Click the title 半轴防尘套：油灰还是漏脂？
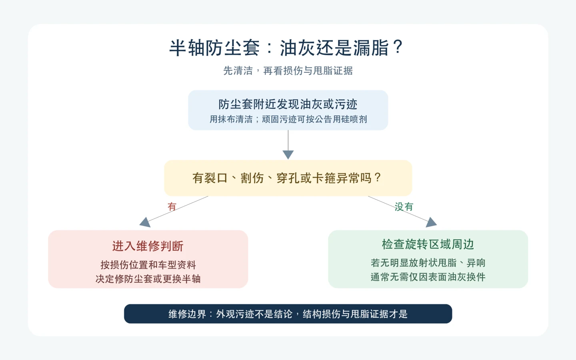286,48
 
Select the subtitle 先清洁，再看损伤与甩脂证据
288,70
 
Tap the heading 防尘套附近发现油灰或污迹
288,104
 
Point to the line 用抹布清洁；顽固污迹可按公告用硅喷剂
288,119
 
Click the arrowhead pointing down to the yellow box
288,155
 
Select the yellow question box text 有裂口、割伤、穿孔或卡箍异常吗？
287,178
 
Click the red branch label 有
172,206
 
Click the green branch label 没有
404,207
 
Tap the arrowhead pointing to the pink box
145,222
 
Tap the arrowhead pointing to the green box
431,222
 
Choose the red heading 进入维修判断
148,246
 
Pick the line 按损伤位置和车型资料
148,265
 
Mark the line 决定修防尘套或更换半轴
148,279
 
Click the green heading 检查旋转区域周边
428,244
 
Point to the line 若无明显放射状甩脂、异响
428,263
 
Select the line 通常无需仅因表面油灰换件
428,277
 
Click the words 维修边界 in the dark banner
187,314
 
